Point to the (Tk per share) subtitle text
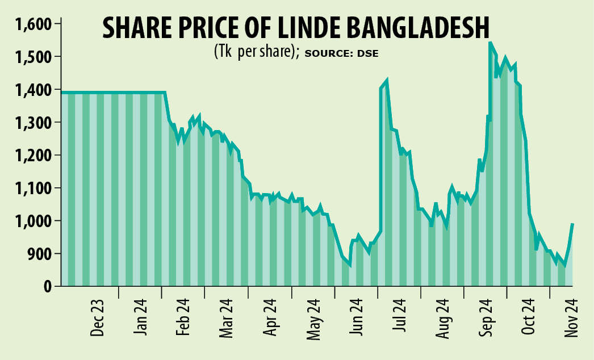(257, 52)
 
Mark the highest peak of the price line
(490, 43)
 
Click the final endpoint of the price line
(572, 224)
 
